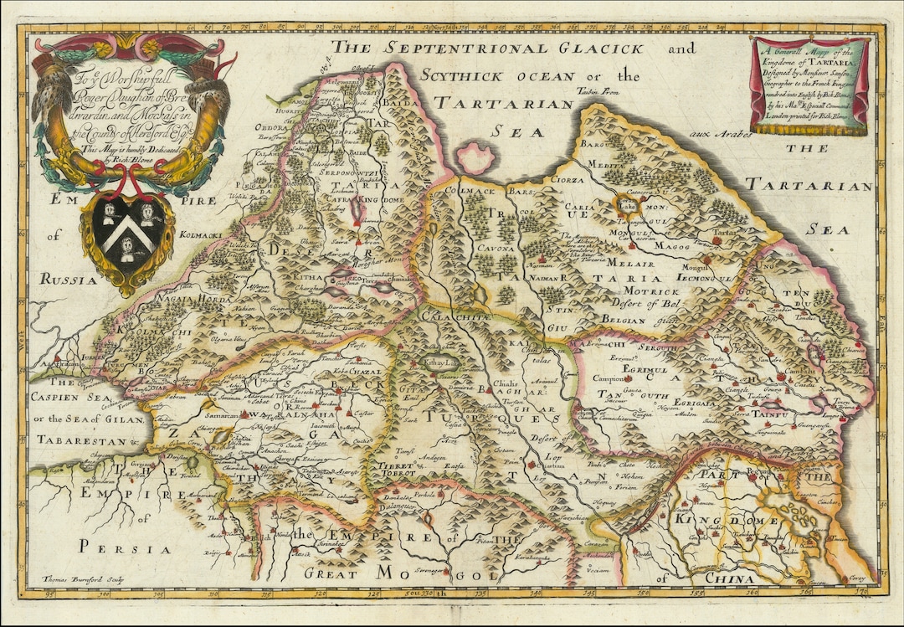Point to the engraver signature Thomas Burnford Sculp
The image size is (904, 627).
click(76, 578)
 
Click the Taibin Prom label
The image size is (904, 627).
click(597, 92)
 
